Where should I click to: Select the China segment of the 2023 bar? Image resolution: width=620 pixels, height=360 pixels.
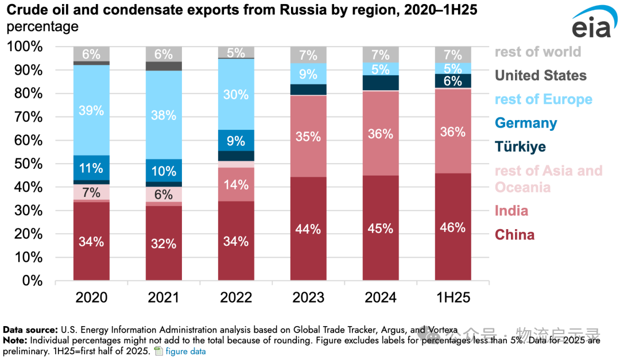point(308,229)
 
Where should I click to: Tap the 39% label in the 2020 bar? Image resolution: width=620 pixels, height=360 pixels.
point(91,110)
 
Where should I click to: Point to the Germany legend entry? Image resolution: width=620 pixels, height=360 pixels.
point(526,123)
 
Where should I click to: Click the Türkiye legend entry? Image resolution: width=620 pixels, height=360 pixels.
point(520,146)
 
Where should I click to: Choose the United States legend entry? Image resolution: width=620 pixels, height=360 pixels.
point(540,75)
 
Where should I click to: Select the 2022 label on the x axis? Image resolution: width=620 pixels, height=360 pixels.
point(235,297)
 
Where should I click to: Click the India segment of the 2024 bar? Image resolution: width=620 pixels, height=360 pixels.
point(380,134)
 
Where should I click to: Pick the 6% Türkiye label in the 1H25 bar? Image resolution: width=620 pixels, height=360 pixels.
point(452,81)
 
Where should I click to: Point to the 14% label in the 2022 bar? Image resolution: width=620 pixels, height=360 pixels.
point(236,185)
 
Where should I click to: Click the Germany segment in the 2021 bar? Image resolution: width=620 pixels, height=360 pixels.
point(164,171)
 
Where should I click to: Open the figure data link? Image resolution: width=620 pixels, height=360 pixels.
point(185,351)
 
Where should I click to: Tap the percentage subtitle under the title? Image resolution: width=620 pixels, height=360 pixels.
point(42,26)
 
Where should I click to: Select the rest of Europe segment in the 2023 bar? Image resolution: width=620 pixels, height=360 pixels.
point(308,73)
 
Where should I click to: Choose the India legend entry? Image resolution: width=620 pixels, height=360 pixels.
point(511,211)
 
